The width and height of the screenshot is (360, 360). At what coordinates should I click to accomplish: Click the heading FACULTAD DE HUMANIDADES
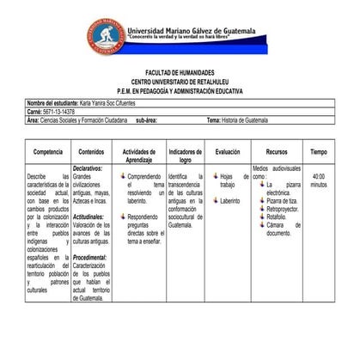pyautogui.click(x=180, y=73)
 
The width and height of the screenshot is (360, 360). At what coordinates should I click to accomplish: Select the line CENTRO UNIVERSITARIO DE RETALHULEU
pyautogui.click(x=180, y=81)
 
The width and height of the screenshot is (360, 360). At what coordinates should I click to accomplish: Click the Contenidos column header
pyautogui.click(x=91, y=151)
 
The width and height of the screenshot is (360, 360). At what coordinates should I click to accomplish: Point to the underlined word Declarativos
pyautogui.click(x=88, y=168)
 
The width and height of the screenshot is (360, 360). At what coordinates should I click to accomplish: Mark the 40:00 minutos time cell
pyautogui.click(x=318, y=180)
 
